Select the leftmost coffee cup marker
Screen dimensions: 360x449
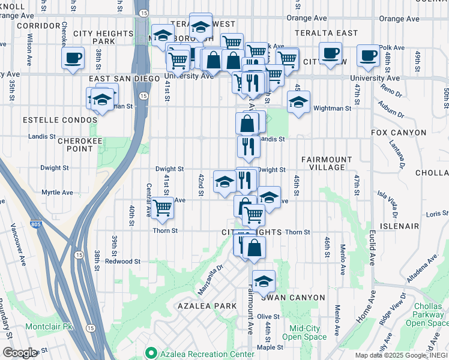click(x=73, y=58)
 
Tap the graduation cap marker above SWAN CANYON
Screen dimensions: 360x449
click(x=264, y=281)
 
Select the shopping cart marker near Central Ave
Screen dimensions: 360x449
click(x=163, y=208)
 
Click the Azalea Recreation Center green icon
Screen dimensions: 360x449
click(x=151, y=353)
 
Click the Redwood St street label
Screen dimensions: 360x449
click(x=122, y=262)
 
